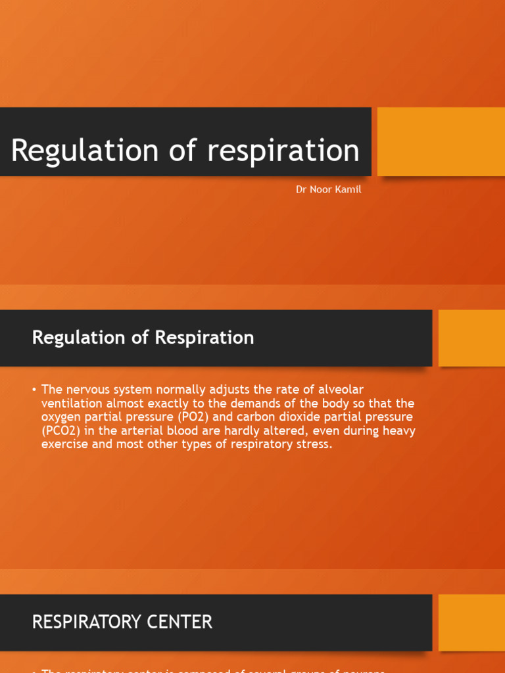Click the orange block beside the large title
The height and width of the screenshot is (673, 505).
441,141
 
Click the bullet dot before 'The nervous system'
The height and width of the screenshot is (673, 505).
34,390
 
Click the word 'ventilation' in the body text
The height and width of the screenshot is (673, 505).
72,403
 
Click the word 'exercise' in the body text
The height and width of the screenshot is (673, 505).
63,444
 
